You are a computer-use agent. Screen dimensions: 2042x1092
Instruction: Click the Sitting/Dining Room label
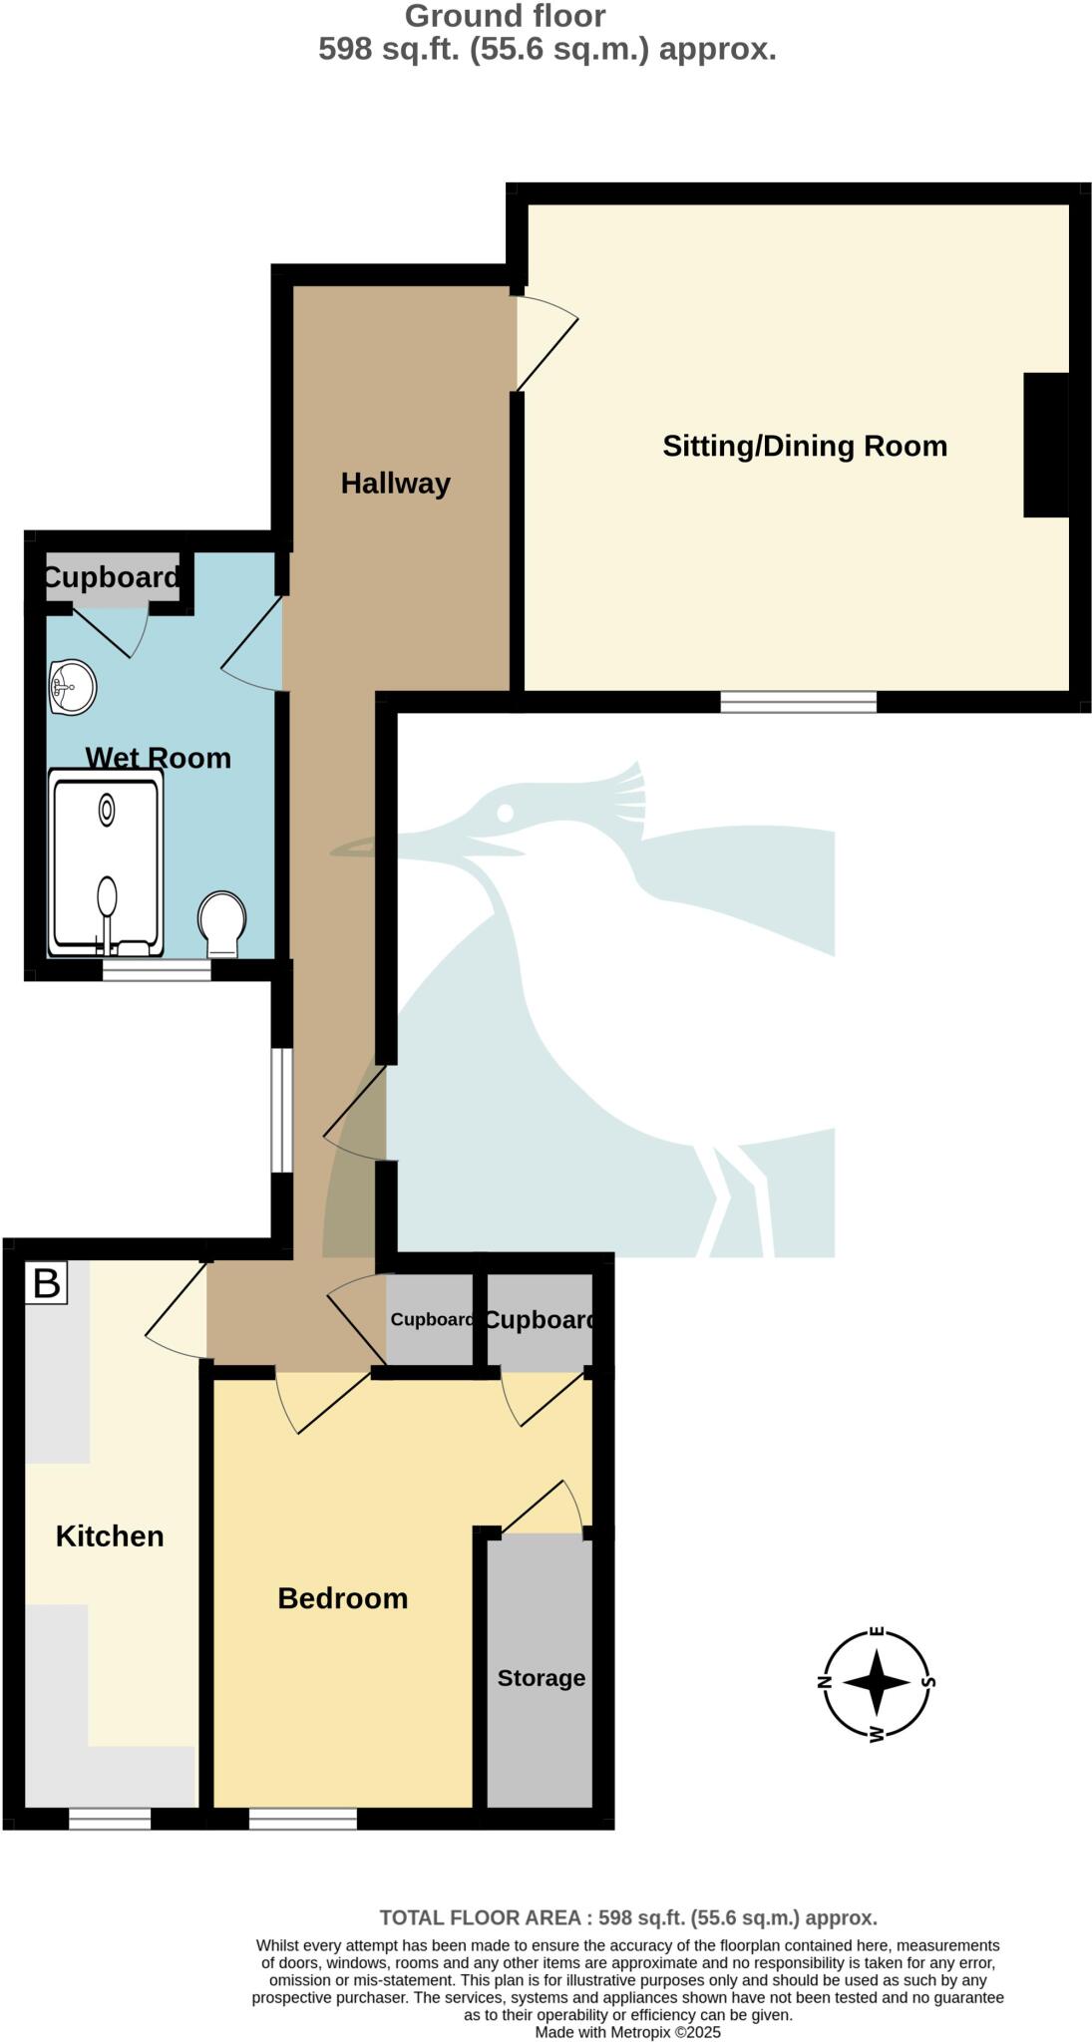pyautogui.click(x=804, y=446)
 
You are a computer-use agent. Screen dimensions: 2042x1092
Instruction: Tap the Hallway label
pyautogui.click(x=395, y=484)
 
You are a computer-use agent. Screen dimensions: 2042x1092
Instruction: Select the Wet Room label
pyautogui.click(x=158, y=758)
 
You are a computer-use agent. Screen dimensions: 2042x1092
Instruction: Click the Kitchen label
pyautogui.click(x=110, y=1536)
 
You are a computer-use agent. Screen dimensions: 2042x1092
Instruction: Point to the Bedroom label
pyautogui.click(x=342, y=1598)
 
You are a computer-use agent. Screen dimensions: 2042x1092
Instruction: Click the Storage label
pyautogui.click(x=541, y=1678)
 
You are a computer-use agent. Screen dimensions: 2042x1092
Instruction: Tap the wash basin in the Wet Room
pyautogui.click(x=71, y=687)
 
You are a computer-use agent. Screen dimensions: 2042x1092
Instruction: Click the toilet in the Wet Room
pyautogui.click(x=221, y=923)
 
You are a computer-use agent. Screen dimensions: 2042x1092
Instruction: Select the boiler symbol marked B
pyautogui.click(x=47, y=1282)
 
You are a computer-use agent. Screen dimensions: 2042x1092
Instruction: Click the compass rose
pyautogui.click(x=876, y=1682)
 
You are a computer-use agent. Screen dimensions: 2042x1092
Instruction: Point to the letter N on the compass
pyautogui.click(x=825, y=1682)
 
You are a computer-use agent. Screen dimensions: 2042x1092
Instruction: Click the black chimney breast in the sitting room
pyautogui.click(x=1045, y=445)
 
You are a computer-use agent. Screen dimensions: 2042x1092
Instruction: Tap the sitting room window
pyautogui.click(x=798, y=702)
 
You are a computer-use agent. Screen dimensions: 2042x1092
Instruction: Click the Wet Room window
pyautogui.click(x=157, y=969)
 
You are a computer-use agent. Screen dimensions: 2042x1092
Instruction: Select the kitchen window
pyautogui.click(x=110, y=1819)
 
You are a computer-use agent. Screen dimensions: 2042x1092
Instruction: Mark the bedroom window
pyautogui.click(x=302, y=1819)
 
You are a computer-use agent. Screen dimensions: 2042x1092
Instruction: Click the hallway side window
pyautogui.click(x=282, y=1110)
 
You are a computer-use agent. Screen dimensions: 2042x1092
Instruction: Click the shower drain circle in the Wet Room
pyautogui.click(x=106, y=813)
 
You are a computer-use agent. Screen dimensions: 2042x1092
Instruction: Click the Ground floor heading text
pyautogui.click(x=505, y=16)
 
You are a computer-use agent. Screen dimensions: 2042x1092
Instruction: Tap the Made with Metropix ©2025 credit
pyautogui.click(x=627, y=2032)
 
